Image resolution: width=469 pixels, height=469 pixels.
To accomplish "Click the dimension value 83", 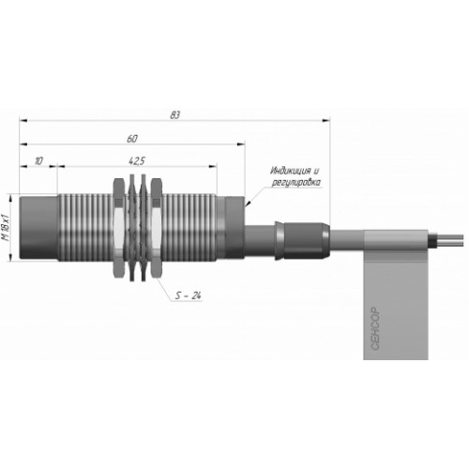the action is click(x=175, y=115).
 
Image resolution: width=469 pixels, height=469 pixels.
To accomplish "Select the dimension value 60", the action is click(x=132, y=139).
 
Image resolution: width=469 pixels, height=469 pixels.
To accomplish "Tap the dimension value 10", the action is click(x=38, y=161).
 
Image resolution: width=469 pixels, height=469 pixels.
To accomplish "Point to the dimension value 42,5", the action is click(x=137, y=161).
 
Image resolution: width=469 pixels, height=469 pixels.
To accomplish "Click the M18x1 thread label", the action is click(x=6, y=227).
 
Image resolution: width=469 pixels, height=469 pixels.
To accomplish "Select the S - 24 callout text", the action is click(x=188, y=295).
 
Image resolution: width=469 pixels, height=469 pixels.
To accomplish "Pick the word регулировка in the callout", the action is click(x=295, y=182).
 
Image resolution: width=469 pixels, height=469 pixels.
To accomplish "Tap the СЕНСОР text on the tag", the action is click(x=375, y=328).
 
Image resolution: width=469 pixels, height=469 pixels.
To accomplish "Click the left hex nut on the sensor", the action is click(x=118, y=228).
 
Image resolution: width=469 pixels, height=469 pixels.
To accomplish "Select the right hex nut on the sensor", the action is click(x=157, y=228).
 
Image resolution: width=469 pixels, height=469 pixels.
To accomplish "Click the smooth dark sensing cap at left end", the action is click(x=38, y=228).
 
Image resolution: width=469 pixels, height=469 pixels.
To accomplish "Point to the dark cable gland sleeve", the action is click(x=302, y=240).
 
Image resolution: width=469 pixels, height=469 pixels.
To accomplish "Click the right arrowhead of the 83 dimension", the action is click(x=326, y=120).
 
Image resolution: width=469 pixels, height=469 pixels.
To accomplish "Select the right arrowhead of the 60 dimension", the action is click(x=241, y=144).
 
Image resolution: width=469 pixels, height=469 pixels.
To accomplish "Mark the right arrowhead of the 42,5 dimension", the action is click(x=213, y=166).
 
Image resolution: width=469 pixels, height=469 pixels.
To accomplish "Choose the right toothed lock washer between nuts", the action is click(x=144, y=227).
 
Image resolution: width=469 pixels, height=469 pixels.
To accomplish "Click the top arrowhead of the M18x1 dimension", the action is click(x=11, y=198).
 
